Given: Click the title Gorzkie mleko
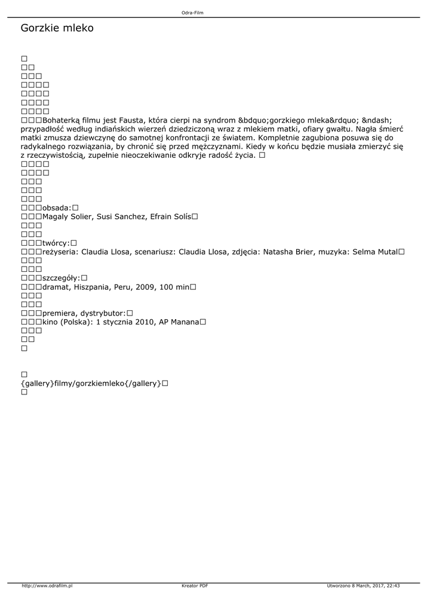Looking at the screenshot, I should (x=57, y=28).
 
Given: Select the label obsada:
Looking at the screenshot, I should (x=57, y=207).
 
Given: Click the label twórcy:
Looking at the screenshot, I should (x=56, y=243).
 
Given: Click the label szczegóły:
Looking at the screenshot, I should (x=61, y=278).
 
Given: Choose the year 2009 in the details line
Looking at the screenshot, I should (x=146, y=287).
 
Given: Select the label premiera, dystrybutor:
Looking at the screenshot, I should (x=84, y=313).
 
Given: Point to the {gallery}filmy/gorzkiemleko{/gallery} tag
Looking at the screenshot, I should (x=91, y=383).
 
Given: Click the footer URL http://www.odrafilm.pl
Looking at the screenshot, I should (x=47, y=586).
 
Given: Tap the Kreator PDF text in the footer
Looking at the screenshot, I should (x=195, y=586).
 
